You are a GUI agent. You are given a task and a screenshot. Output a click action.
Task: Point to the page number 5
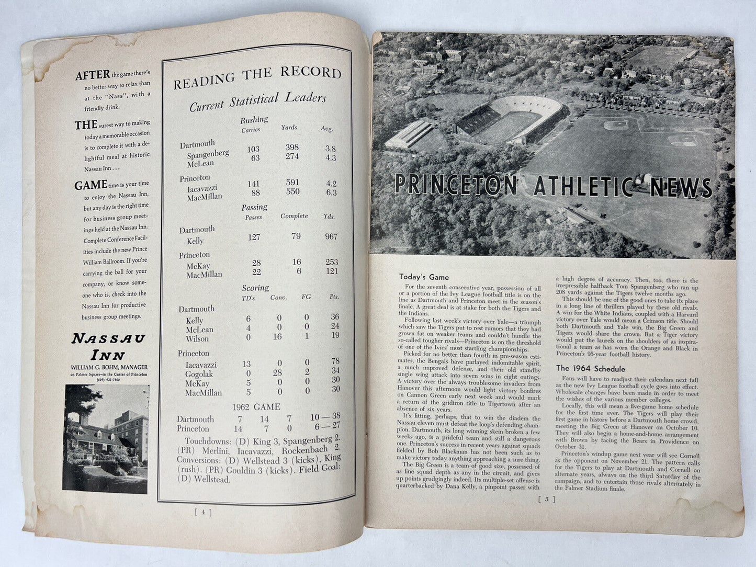[546, 500]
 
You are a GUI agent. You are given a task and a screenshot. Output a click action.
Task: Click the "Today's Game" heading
[424, 277]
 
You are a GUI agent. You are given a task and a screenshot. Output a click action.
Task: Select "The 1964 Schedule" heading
[590, 368]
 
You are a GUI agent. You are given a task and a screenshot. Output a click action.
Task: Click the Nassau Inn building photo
[105, 438]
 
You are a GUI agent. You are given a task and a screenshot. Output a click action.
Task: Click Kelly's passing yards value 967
[331, 236]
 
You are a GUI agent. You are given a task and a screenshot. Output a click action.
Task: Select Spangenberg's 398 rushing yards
[293, 149]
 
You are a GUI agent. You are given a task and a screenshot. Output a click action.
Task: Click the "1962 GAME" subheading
[256, 406]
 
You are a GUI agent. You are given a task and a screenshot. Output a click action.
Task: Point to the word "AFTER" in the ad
[93, 75]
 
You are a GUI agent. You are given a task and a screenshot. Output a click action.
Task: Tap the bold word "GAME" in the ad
[91, 185]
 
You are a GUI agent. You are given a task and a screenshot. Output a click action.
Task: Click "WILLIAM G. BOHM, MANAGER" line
[109, 367]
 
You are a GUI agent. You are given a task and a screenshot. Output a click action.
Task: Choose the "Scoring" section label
[255, 288]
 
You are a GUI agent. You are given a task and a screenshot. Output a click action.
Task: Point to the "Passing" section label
[254, 207]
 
